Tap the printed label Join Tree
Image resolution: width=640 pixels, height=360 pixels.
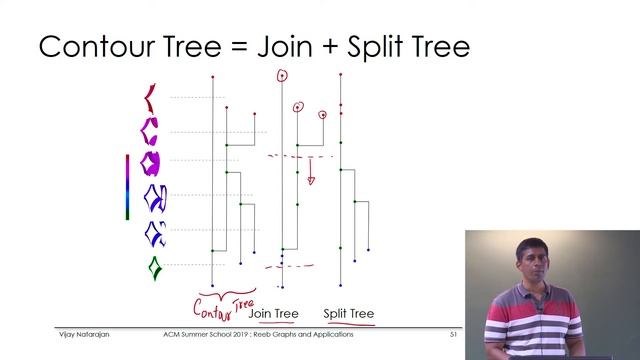coord(273,314)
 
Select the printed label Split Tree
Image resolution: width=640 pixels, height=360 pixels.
coord(348,314)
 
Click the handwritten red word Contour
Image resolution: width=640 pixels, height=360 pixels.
coord(212,301)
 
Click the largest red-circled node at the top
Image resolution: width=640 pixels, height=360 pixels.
coord(282,75)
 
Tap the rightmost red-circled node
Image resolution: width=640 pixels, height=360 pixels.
coord(322,115)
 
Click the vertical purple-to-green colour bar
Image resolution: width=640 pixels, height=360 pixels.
coord(127,186)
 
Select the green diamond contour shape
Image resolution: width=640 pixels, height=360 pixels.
coord(154,268)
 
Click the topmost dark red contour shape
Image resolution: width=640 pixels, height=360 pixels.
coord(150,97)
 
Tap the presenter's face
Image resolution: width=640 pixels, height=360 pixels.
coord(529,265)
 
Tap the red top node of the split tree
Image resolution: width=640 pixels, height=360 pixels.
coord(341,75)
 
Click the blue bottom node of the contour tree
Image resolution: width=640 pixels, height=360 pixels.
coord(212,286)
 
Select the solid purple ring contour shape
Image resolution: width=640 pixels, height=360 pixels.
coord(151,162)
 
